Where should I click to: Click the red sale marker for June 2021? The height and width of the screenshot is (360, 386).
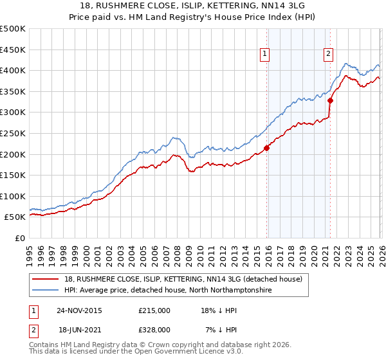click(x=330, y=100)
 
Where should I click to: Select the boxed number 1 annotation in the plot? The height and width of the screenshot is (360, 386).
click(x=264, y=55)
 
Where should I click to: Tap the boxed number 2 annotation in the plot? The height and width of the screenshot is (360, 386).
click(x=328, y=55)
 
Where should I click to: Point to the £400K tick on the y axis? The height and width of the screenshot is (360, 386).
click(x=13, y=70)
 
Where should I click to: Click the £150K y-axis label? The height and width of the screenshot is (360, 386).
click(x=13, y=175)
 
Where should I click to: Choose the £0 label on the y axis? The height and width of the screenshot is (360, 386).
click(x=19, y=238)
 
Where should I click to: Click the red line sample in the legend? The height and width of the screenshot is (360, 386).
click(x=46, y=279)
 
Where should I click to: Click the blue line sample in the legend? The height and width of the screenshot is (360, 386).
click(x=46, y=291)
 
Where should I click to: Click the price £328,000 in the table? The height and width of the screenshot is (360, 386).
click(x=154, y=328)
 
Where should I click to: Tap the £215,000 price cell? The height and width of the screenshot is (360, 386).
click(x=154, y=310)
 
